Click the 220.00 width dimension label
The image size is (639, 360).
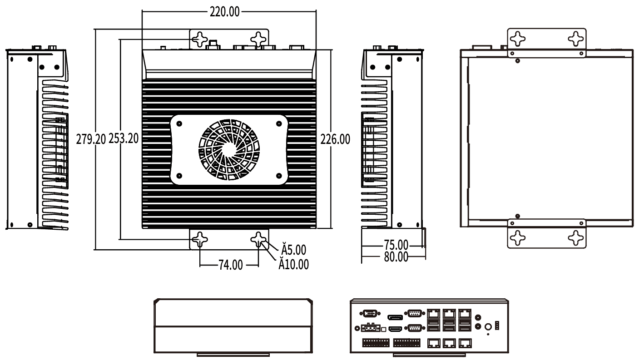[x=224, y=12]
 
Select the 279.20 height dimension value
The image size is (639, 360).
[x=91, y=139]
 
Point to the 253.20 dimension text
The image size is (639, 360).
[x=123, y=139]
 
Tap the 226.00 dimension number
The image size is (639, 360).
[x=335, y=139]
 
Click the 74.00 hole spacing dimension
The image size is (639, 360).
[x=230, y=265]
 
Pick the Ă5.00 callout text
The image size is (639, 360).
[x=293, y=250]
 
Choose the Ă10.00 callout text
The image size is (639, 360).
[x=294, y=264]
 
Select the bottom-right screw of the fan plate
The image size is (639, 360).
[x=278, y=175]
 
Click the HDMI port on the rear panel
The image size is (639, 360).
[x=395, y=328]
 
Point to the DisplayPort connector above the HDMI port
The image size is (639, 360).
[x=395, y=317]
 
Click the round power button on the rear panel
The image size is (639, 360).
[x=489, y=326]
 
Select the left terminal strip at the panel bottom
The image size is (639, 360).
[x=375, y=342]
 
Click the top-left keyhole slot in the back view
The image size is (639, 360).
[x=517, y=38]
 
